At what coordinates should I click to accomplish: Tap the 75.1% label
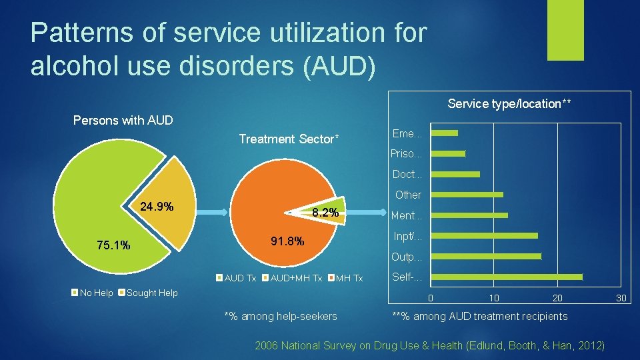coord(113,245)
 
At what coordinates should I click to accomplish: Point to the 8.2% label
coord(325,213)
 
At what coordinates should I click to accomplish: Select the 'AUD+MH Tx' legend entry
coord(296,278)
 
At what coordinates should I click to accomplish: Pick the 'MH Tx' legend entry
coord(349,278)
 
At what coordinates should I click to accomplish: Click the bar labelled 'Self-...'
coord(507,277)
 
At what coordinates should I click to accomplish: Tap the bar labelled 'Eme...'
coord(445,133)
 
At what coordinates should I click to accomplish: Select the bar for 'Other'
coord(467,195)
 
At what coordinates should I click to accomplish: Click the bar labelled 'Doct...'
coord(456,174)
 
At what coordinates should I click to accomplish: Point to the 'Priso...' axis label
coord(407,154)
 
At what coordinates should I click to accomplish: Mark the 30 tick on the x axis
coord(621,299)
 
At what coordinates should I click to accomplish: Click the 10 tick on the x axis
coord(493,299)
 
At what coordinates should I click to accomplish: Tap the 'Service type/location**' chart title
coord(509,104)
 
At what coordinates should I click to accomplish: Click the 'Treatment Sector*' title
coord(289,139)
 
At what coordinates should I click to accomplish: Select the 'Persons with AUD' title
coord(123,121)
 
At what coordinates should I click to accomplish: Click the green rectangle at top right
coord(565,30)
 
